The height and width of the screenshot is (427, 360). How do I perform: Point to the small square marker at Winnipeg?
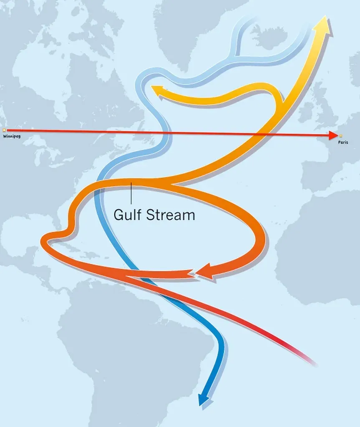point(4,131)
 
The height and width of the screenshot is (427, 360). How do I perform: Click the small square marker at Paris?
point(341,136)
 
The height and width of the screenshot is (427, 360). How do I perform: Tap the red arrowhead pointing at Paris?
point(332,135)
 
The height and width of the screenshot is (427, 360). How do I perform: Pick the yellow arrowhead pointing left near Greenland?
point(157,89)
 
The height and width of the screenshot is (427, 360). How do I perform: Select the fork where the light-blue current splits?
point(236,55)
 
